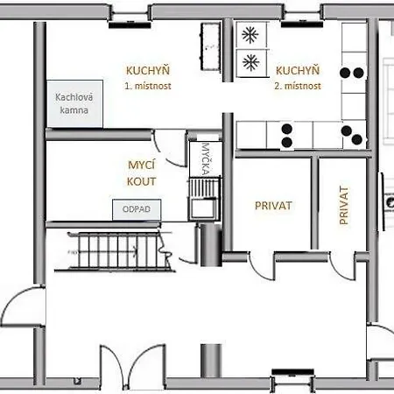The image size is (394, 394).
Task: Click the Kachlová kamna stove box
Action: pos(75,103)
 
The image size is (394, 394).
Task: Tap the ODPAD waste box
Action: pos(137,209)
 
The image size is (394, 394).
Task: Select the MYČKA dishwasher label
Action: pos(206,159)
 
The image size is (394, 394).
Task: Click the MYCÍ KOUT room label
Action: pos(142,173)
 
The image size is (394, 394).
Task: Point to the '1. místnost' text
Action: pos(148,86)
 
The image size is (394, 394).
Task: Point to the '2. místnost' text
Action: pos(298,86)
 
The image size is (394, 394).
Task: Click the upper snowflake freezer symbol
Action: pos(250,35)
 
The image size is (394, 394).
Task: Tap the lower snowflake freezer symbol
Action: pos(250,62)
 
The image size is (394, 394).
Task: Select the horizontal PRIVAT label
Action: pos(273,206)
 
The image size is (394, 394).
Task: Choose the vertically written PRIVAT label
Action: pos(344,206)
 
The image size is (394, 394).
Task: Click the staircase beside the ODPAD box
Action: pos(116,251)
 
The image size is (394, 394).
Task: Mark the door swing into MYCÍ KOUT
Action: pos(169,148)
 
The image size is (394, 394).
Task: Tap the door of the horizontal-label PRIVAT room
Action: pos(262,266)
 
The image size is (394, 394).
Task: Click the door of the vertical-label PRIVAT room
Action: pos(343,266)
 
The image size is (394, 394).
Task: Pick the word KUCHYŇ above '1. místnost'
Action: pos(148,71)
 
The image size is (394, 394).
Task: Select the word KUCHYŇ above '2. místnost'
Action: pos(298,71)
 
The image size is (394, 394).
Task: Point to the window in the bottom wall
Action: pos(292,379)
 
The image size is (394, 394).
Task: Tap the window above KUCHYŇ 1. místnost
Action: pos(130,18)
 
